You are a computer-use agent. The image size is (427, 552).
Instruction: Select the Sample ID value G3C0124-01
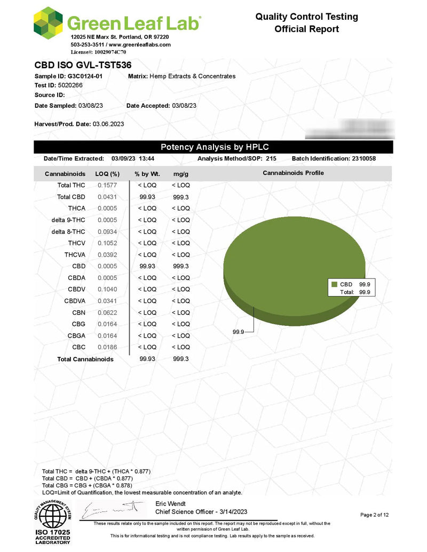(85, 76)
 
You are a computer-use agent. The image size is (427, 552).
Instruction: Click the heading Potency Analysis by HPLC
(213, 147)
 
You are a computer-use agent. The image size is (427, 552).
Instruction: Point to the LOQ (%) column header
(107, 174)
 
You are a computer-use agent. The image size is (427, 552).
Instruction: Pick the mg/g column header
(180, 174)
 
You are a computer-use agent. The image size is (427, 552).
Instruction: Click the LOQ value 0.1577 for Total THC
(107, 185)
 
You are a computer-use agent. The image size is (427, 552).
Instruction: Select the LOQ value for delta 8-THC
(107, 231)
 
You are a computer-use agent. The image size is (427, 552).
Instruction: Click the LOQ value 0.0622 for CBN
(107, 313)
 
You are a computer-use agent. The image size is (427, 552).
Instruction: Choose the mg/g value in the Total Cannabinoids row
(180, 359)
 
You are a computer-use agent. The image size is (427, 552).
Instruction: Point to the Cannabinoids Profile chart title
(293, 173)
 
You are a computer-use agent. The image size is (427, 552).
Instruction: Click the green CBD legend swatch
(335, 285)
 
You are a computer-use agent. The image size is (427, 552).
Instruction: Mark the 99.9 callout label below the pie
(239, 332)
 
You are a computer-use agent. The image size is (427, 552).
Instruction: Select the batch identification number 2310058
(368, 159)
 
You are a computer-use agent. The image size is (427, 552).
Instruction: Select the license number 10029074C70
(109, 52)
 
